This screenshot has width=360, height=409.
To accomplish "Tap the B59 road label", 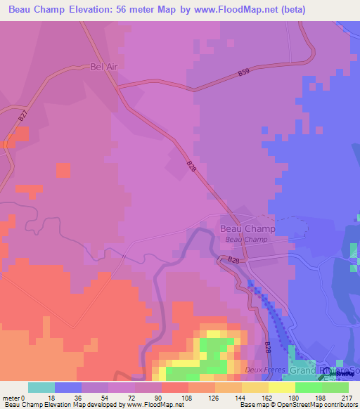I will click(x=243, y=72).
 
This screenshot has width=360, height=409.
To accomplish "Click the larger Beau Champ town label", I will click(x=247, y=229).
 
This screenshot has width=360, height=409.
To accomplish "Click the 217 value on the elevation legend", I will click(x=346, y=397).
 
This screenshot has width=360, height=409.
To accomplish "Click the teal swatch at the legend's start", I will click(x=41, y=387).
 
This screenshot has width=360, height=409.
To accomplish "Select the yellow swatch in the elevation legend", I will click(x=282, y=387).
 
